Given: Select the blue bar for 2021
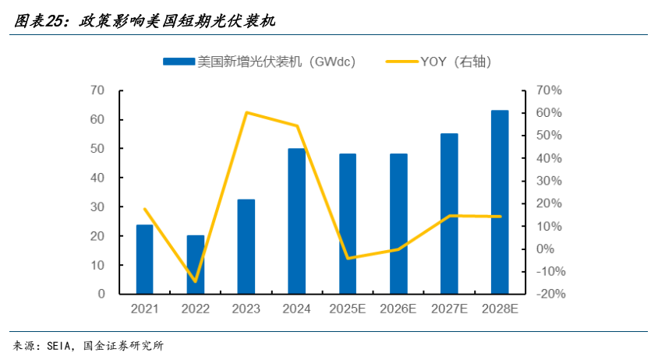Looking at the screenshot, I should (x=145, y=259).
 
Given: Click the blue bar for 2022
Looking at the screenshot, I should (x=196, y=265).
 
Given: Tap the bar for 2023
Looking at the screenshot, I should (x=246, y=247).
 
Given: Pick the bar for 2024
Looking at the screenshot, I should (x=297, y=221).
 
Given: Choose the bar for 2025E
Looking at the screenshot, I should (x=348, y=224).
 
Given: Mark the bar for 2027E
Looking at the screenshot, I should (x=449, y=214).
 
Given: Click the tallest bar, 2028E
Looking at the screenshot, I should (x=500, y=203).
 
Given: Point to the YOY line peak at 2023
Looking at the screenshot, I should (x=246, y=112).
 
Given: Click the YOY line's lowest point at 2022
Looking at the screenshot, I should (x=196, y=281).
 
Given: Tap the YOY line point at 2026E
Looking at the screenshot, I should (x=398, y=249).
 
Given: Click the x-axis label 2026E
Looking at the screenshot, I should (x=398, y=309).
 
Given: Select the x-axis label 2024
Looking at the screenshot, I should (x=297, y=309).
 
